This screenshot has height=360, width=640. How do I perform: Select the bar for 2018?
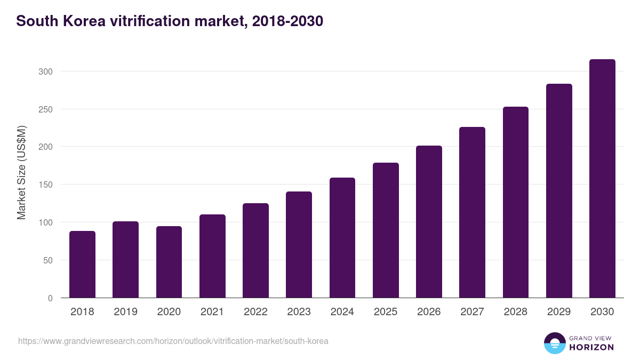(x=82, y=265)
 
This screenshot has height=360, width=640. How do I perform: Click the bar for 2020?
(x=169, y=262)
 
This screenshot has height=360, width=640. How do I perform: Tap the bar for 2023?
(x=299, y=245)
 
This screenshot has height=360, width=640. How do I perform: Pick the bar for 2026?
(x=429, y=222)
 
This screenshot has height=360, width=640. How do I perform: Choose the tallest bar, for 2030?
(x=602, y=179)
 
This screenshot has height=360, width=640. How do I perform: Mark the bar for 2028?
(x=515, y=203)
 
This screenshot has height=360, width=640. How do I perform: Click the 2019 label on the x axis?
(x=125, y=312)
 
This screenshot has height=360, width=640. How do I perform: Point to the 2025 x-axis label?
(x=386, y=312)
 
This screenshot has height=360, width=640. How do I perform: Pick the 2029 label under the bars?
(x=559, y=312)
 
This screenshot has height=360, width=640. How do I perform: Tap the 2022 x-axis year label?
(x=255, y=312)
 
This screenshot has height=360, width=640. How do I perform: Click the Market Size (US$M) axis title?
(x=21, y=172)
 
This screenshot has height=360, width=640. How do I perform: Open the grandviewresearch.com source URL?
(x=173, y=341)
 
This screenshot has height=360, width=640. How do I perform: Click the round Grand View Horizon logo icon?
(x=554, y=343)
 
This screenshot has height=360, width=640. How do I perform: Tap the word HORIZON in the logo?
(x=591, y=347)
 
